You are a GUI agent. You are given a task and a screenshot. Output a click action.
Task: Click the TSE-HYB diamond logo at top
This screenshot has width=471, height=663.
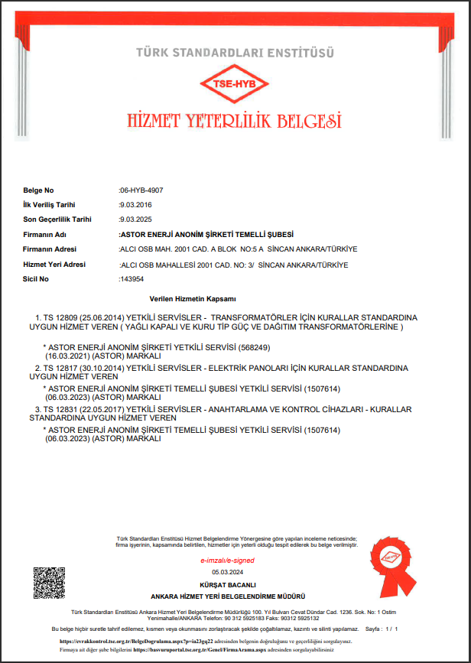coord(235,84)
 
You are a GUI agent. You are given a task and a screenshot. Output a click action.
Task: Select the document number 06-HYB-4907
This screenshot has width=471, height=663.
coord(141,190)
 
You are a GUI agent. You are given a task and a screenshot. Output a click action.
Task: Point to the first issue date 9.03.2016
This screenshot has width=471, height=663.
coord(135,205)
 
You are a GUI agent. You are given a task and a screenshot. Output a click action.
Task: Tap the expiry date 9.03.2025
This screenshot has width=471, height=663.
coord(135,219)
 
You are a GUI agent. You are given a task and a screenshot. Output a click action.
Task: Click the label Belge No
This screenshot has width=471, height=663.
coord(39,190)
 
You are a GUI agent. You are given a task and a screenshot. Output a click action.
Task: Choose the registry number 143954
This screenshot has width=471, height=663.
coord(132,279)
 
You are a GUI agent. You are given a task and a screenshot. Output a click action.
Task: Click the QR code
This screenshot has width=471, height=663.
coord(48,583)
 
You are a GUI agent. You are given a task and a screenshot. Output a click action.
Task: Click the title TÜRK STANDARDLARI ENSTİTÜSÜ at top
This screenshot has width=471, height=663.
coord(235,52)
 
